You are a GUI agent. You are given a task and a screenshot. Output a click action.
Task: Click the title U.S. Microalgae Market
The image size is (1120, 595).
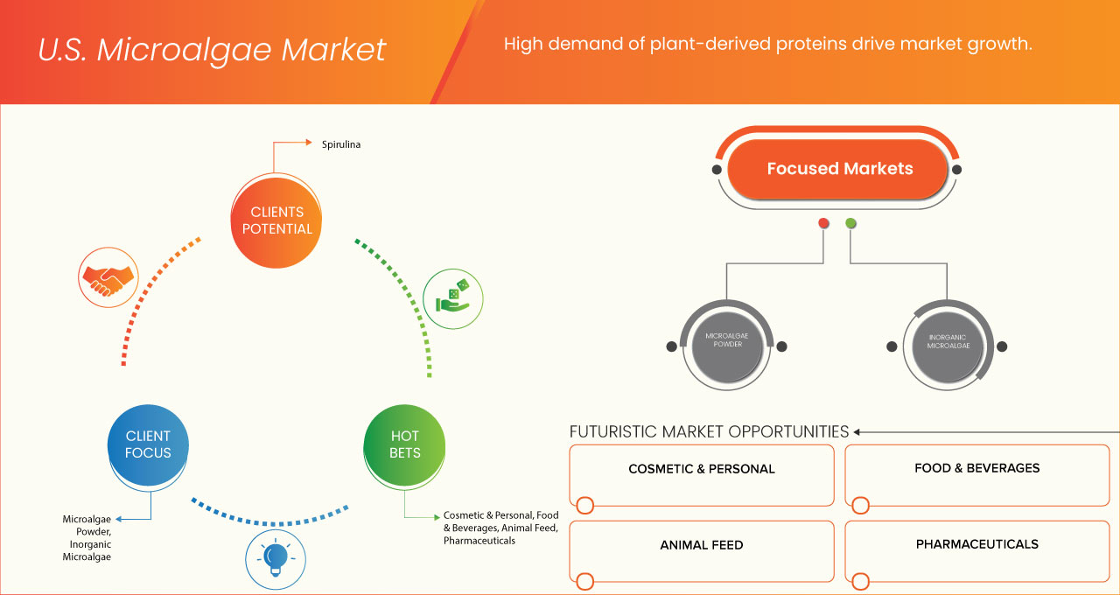(x=212, y=50)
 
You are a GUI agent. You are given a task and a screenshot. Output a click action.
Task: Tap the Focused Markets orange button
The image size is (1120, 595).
(x=839, y=169)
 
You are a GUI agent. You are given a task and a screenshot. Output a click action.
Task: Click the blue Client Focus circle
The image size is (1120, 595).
(x=148, y=444)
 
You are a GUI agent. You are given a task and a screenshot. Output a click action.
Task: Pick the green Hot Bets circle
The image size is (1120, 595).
(x=404, y=444)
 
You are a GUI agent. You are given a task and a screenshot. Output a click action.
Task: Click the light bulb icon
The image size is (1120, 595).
(x=276, y=558)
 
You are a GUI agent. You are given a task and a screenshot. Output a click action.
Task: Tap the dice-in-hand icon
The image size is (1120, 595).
(x=452, y=298)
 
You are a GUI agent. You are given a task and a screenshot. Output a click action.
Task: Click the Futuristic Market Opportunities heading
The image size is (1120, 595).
(x=709, y=431)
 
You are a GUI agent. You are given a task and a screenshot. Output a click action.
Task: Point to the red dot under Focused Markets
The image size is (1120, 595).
(x=823, y=223)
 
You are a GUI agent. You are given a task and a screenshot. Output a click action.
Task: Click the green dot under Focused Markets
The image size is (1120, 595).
(x=851, y=223)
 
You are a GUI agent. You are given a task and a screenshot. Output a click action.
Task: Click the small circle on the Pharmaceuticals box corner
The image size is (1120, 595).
(x=860, y=581)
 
